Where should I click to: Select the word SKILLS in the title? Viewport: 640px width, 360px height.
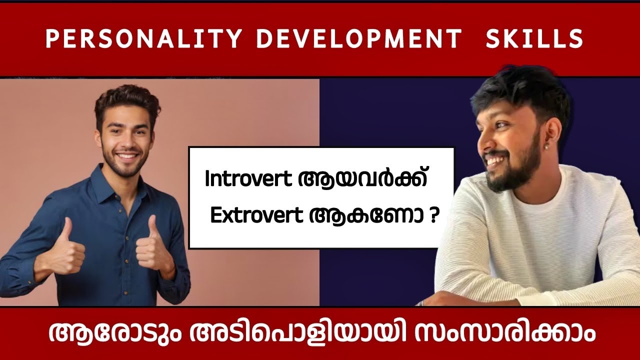[x=534, y=39]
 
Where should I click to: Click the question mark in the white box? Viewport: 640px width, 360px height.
[x=431, y=216]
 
